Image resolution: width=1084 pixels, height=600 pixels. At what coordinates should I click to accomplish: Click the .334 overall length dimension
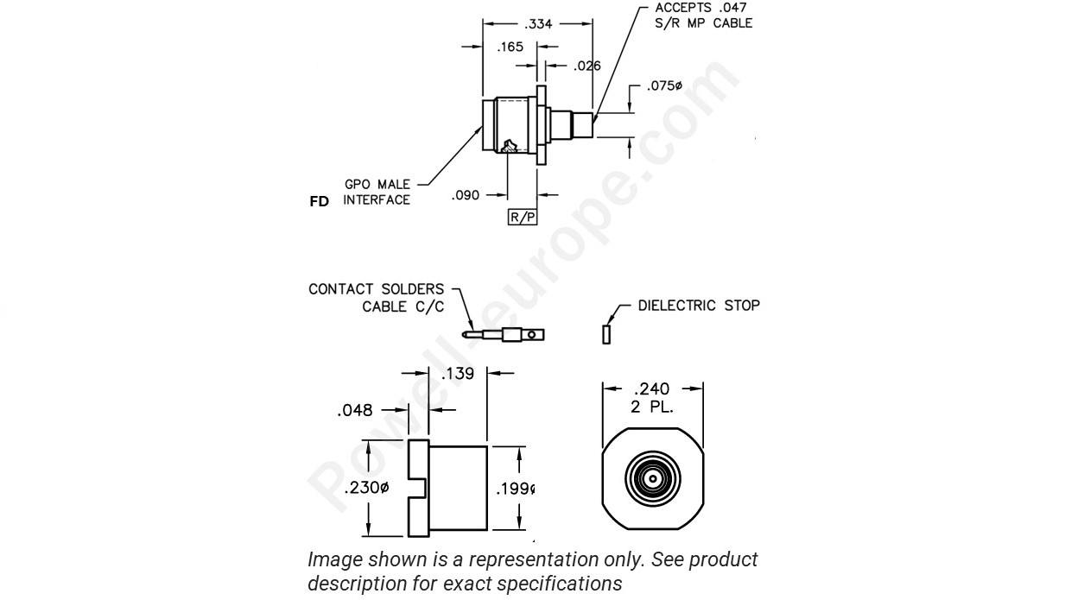point(539,24)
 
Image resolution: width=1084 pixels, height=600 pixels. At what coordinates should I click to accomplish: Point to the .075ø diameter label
point(666,87)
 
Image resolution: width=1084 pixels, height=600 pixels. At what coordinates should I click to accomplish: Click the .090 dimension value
point(467,196)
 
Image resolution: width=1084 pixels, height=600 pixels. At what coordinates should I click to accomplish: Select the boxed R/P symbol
point(523,217)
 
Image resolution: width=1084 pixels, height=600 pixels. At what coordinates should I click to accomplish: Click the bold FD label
point(319,201)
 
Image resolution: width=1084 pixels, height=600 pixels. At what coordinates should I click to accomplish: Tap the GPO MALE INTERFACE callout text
point(377,193)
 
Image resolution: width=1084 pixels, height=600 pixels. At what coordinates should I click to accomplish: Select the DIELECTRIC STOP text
point(699,306)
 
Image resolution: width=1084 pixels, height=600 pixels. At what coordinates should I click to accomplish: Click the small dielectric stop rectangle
point(606,332)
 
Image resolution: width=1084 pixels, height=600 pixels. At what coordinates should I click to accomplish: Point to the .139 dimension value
point(458,374)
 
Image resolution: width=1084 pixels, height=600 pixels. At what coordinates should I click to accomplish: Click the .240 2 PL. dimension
point(653,396)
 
